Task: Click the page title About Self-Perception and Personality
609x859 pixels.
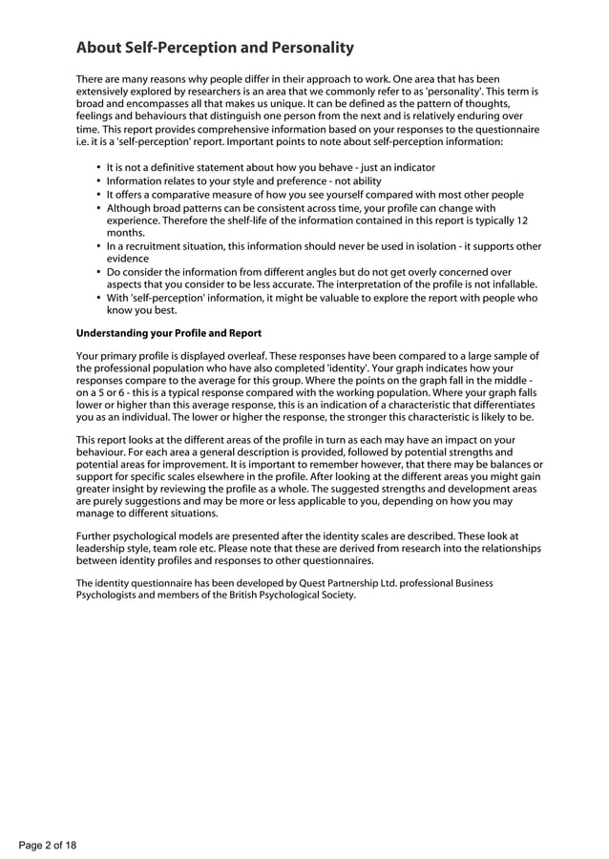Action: pyautogui.click(x=215, y=48)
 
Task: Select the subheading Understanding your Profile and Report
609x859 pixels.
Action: pyautogui.click(x=168, y=333)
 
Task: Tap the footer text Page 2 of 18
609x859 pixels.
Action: pyautogui.click(x=48, y=845)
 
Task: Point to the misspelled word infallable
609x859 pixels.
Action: pyautogui.click(x=512, y=284)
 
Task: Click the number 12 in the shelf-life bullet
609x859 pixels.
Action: pyautogui.click(x=522, y=220)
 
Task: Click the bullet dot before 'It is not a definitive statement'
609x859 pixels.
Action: pyautogui.click(x=99, y=167)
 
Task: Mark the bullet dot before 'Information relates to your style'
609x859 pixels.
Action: pyautogui.click(x=99, y=180)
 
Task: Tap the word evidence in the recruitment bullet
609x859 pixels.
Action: pyautogui.click(x=128, y=259)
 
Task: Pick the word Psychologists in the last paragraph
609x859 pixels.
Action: pyautogui.click(x=109, y=595)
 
